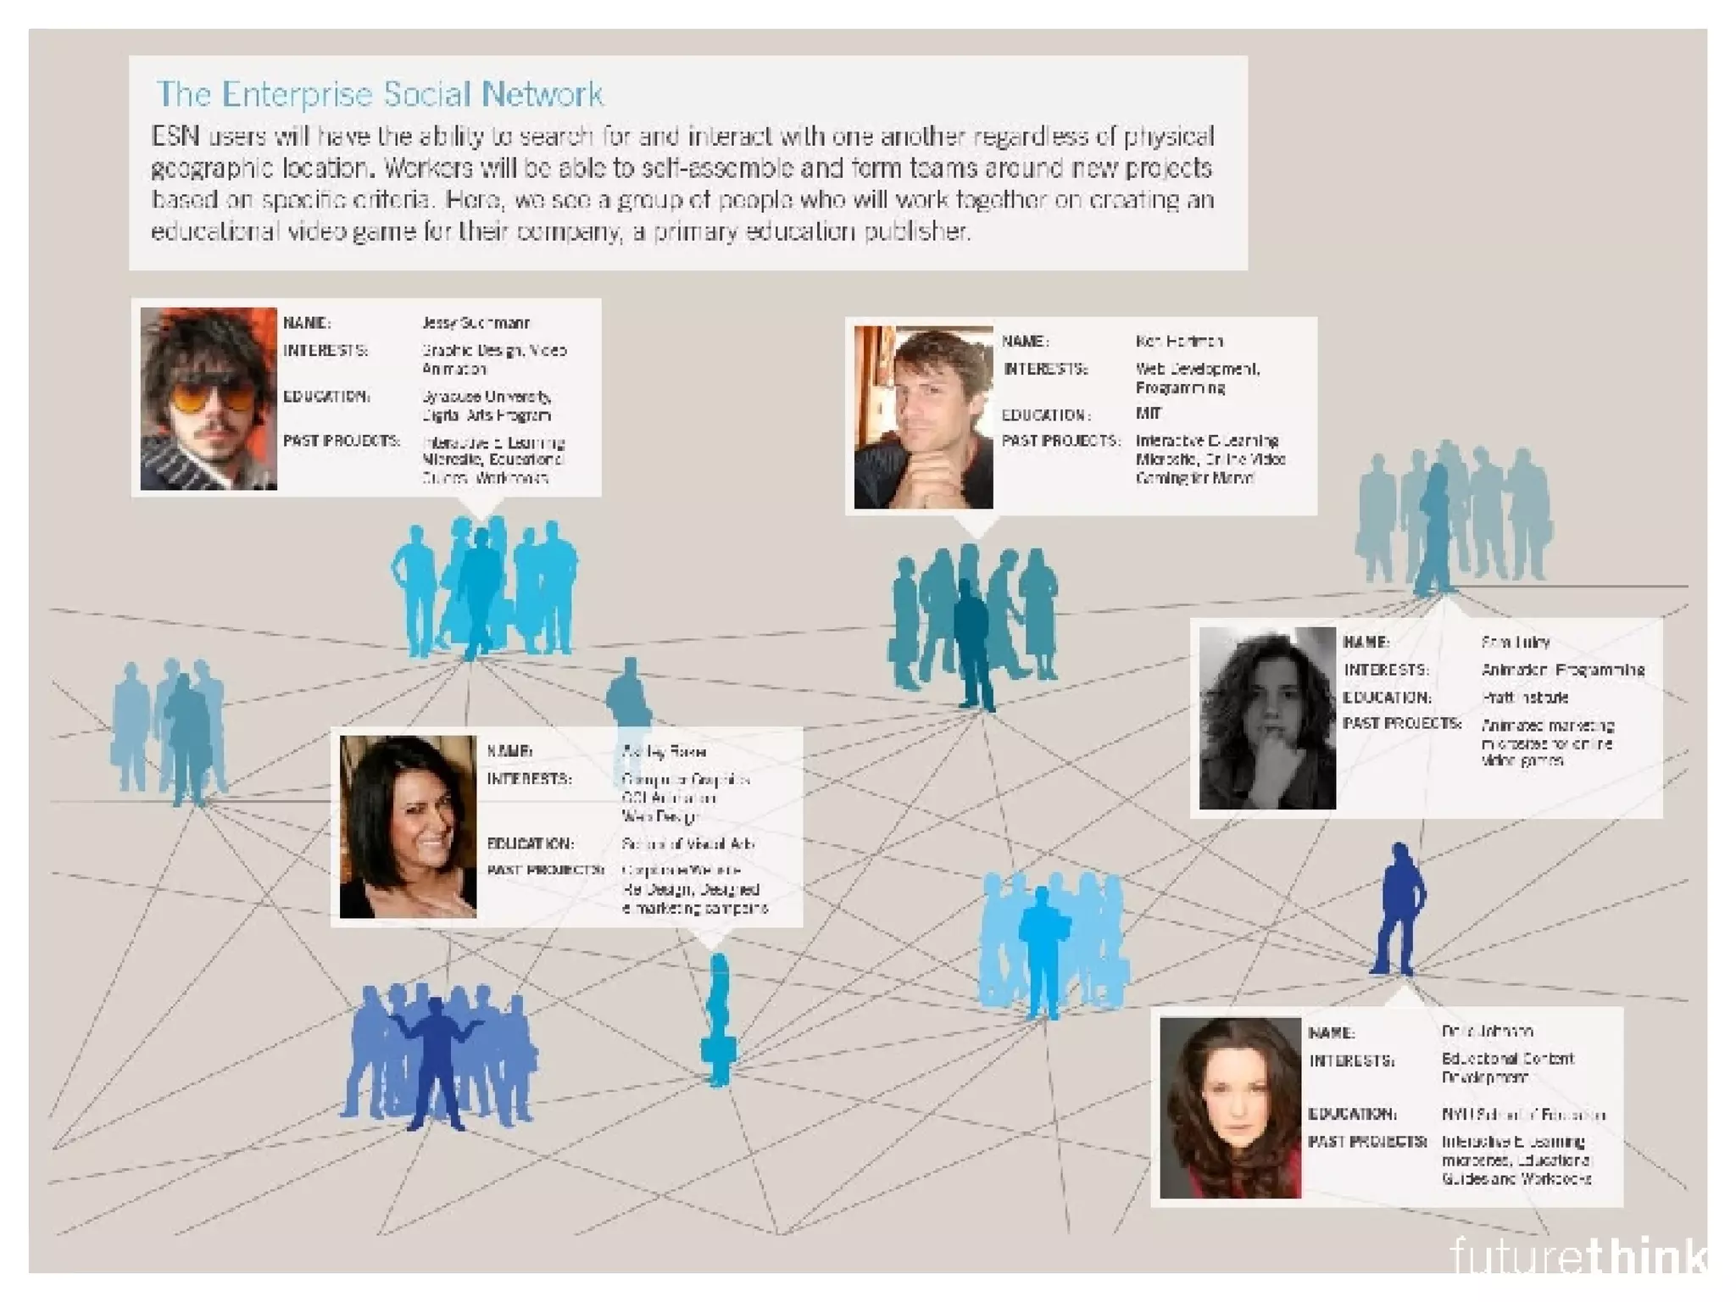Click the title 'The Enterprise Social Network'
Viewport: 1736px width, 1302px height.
coord(379,94)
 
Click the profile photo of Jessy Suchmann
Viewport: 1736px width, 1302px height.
coord(209,398)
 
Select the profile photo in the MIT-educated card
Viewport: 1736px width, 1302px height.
coord(923,417)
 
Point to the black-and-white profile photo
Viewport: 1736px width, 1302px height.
coord(1267,718)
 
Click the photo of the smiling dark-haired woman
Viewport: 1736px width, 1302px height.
coord(408,826)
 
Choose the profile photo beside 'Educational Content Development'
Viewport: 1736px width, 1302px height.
coord(1230,1107)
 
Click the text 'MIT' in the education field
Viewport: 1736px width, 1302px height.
coord(1148,414)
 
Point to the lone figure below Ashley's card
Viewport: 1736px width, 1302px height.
coord(719,1021)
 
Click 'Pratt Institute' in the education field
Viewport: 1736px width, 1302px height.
coord(1524,698)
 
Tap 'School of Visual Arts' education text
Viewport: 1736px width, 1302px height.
coord(687,844)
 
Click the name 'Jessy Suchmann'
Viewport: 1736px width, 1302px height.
coord(476,323)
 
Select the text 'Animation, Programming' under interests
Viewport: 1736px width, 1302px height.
coord(1562,670)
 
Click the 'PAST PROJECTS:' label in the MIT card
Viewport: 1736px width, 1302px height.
coord(1060,441)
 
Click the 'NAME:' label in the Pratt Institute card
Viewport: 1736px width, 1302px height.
coord(1366,643)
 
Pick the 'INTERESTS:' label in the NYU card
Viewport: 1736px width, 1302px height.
coord(1351,1060)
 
